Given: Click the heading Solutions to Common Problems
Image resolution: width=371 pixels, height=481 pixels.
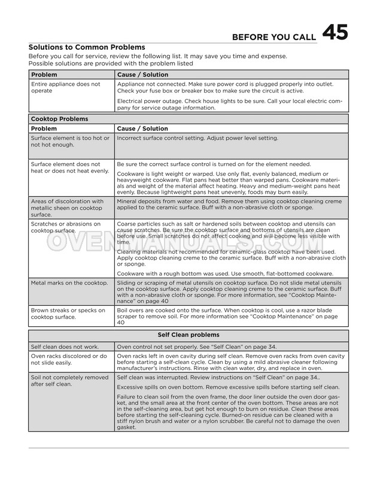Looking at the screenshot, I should pyautogui.click(x=87, y=47).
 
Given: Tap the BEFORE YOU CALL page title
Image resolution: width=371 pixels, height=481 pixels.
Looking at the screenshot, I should pyautogui.click(x=273, y=38).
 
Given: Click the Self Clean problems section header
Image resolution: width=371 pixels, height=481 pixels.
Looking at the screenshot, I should pyautogui.click(x=188, y=334).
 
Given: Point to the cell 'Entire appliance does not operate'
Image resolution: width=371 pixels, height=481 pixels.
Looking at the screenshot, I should pyautogui.click(x=65, y=88).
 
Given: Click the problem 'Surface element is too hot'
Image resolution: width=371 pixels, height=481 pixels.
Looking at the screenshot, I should pyautogui.click(x=70, y=142).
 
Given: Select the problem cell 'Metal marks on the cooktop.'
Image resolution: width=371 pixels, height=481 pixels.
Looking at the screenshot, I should pyautogui.click(x=69, y=282).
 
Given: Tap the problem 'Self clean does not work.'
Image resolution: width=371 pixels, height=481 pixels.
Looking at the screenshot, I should pyautogui.click(x=65, y=347).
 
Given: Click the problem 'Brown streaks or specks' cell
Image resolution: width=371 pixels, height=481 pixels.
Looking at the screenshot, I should pyautogui.click(x=68, y=314).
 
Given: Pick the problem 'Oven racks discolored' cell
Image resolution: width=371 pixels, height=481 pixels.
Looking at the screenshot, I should pyautogui.click(x=69, y=359).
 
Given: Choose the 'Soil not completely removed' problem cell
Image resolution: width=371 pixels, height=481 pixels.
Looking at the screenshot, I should pyautogui.click(x=67, y=381).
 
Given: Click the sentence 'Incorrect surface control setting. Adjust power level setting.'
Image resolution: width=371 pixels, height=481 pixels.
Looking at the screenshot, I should pyautogui.click(x=197, y=138).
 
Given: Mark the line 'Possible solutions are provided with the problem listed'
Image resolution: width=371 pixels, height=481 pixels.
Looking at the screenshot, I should pyautogui.click(x=111, y=63).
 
